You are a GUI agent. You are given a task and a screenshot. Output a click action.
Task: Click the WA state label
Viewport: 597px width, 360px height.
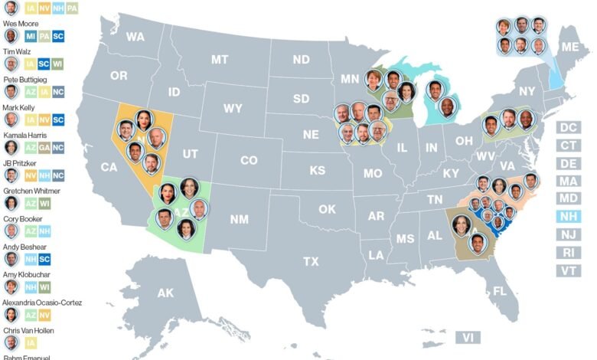click(x=135, y=37)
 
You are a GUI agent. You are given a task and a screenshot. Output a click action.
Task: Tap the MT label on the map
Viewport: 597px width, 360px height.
click(x=220, y=59)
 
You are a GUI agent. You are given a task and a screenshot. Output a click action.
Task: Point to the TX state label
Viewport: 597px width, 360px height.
click(x=311, y=261)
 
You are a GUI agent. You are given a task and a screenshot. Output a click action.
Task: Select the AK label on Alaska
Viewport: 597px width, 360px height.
click(x=165, y=293)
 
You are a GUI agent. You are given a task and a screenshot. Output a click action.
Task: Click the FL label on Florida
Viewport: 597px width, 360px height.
click(x=500, y=291)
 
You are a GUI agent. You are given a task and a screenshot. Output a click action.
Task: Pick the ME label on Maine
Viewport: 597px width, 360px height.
click(x=570, y=46)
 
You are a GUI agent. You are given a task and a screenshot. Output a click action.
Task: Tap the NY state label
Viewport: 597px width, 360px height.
click(x=527, y=91)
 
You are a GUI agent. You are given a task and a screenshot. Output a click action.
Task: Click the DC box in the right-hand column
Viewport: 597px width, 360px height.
click(x=569, y=127)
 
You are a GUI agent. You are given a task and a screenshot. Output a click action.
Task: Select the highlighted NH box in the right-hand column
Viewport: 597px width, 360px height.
click(x=569, y=216)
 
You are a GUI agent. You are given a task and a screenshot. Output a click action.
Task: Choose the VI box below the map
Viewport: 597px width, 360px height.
click(x=466, y=337)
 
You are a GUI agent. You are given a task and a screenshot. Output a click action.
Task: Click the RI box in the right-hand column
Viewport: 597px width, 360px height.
click(x=569, y=252)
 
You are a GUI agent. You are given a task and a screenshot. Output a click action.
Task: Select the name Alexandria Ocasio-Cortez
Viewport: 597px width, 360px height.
click(x=42, y=303)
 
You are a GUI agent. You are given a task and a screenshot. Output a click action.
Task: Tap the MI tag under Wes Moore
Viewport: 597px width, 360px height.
click(x=30, y=36)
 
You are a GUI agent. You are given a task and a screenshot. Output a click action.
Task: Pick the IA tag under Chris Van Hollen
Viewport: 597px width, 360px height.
click(x=30, y=342)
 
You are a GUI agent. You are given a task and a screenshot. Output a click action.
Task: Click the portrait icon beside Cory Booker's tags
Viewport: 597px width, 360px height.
click(x=11, y=231)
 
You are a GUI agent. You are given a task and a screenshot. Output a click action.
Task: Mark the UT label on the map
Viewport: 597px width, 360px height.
click(x=191, y=154)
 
